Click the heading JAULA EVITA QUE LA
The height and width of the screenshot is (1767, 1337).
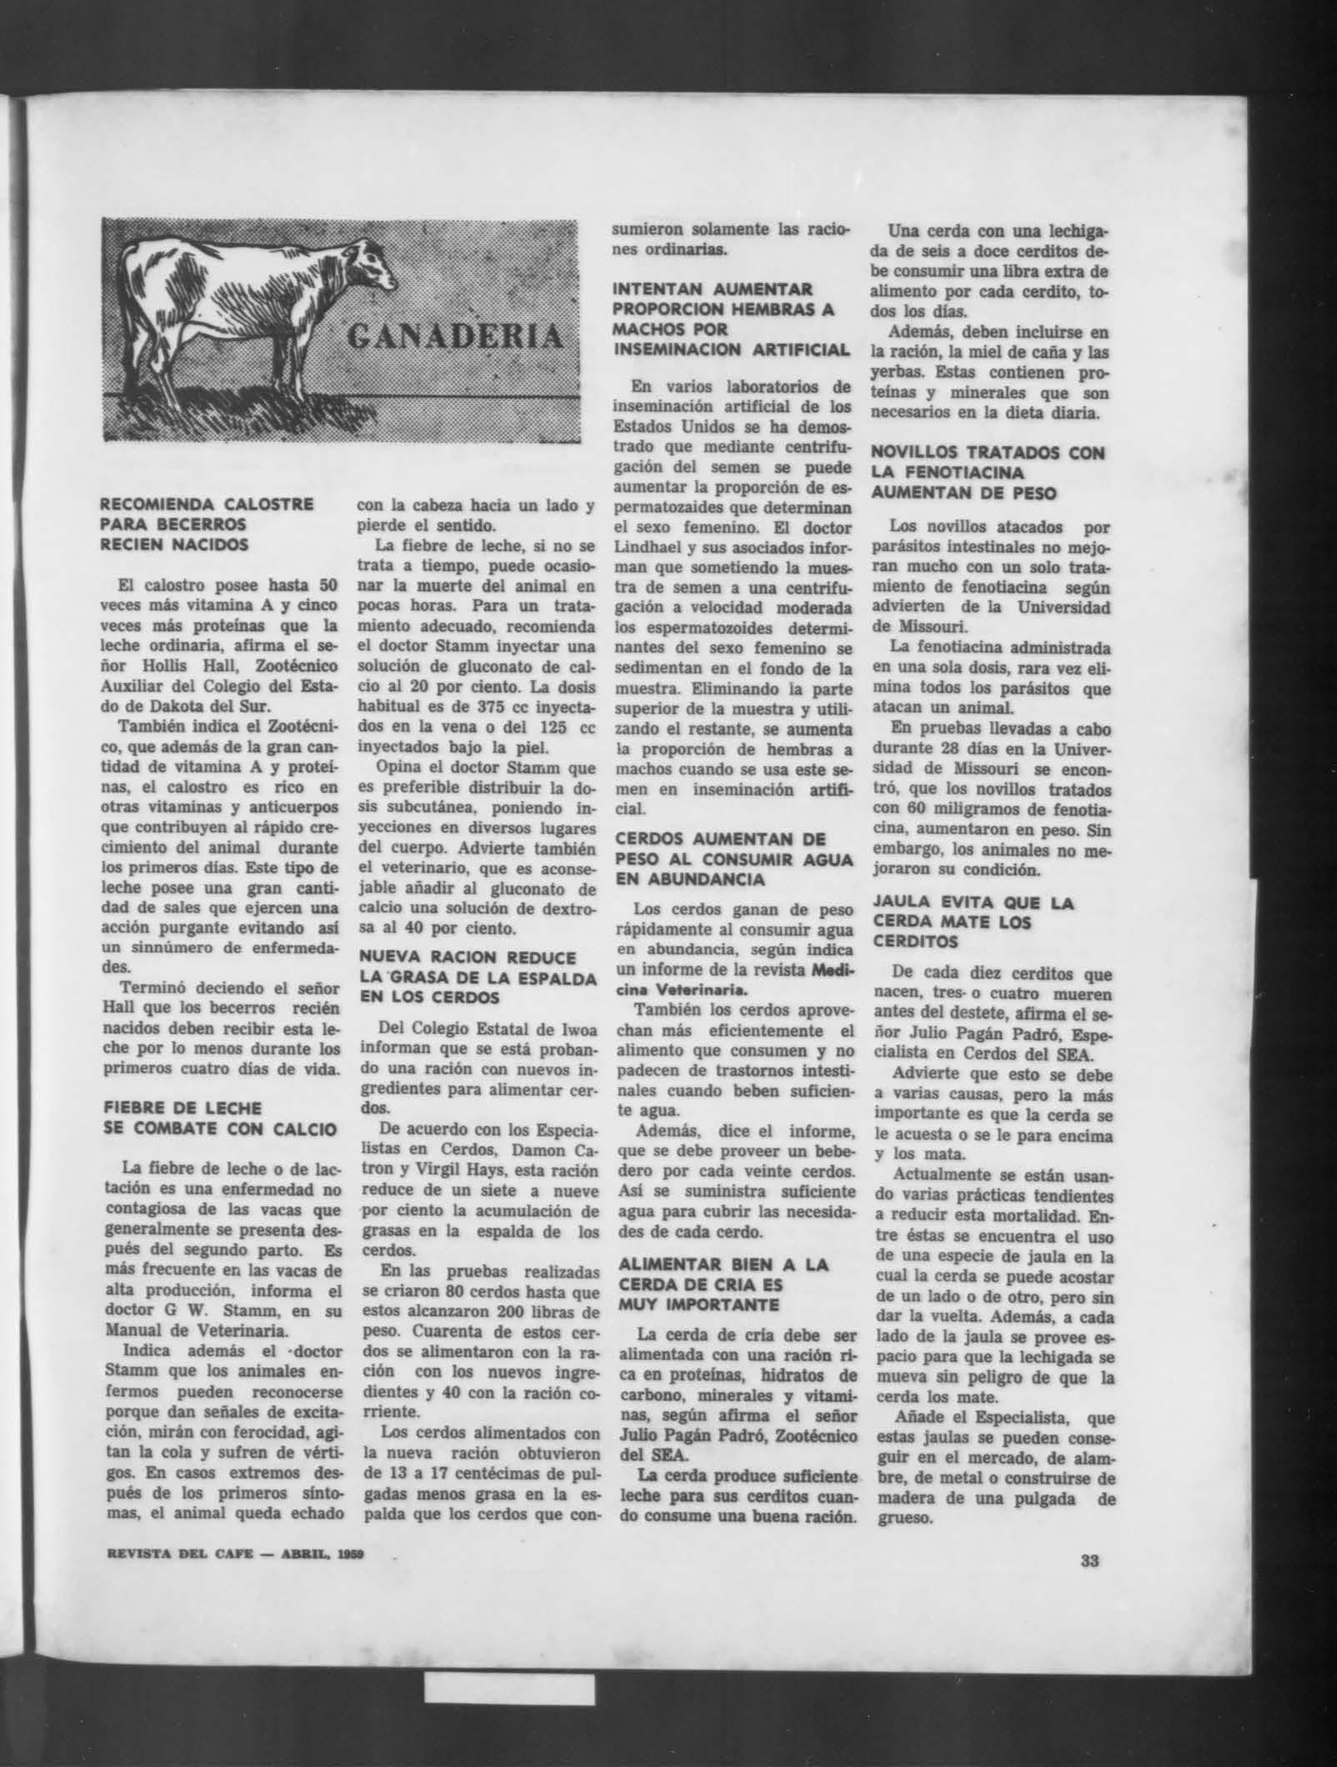(x=973, y=904)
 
